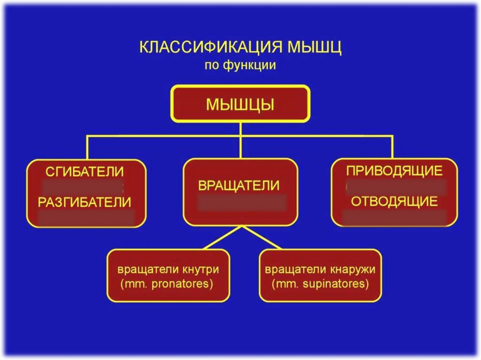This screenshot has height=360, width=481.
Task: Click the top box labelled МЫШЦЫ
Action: point(240,104)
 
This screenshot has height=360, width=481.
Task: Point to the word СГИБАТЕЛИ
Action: point(85,171)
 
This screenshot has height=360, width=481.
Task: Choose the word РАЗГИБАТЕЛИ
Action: point(85,202)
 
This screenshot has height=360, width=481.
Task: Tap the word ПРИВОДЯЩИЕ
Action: point(394,170)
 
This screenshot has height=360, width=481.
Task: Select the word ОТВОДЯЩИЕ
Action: point(394,202)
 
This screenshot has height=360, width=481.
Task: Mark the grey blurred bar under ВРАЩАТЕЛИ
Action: point(241,203)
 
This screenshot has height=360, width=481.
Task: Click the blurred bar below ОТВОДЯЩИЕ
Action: point(394,217)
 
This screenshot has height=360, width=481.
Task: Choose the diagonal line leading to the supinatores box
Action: point(262,237)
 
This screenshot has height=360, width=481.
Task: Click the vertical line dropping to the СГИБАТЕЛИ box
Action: point(87,147)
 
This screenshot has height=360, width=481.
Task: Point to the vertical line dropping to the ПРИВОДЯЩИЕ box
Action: point(392,147)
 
